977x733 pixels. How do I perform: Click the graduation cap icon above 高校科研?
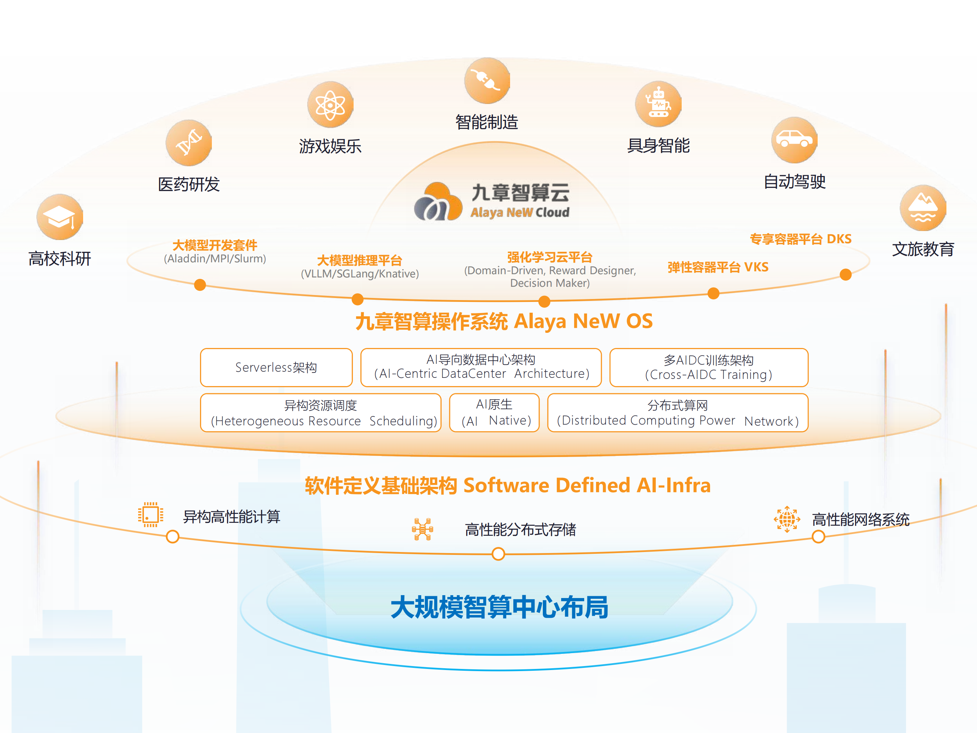click(x=60, y=217)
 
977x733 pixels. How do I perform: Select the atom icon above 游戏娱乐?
click(x=330, y=105)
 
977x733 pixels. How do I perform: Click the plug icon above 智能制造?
click(x=487, y=80)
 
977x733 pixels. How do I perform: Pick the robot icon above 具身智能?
click(x=658, y=104)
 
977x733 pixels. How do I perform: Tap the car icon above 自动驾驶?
click(x=794, y=140)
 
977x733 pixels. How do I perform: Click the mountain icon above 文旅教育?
click(x=923, y=208)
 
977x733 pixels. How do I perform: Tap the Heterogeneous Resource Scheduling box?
click(x=321, y=413)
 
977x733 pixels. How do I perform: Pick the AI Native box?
click(x=494, y=413)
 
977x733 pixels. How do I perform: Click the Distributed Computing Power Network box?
click(x=678, y=413)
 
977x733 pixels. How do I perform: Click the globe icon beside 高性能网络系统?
click(x=787, y=519)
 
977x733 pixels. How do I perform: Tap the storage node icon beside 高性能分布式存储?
click(x=423, y=529)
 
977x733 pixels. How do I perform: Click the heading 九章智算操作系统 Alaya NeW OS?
click(x=504, y=321)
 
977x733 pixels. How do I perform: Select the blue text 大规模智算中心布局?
click(x=500, y=607)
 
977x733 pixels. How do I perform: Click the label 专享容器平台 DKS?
click(x=800, y=239)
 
